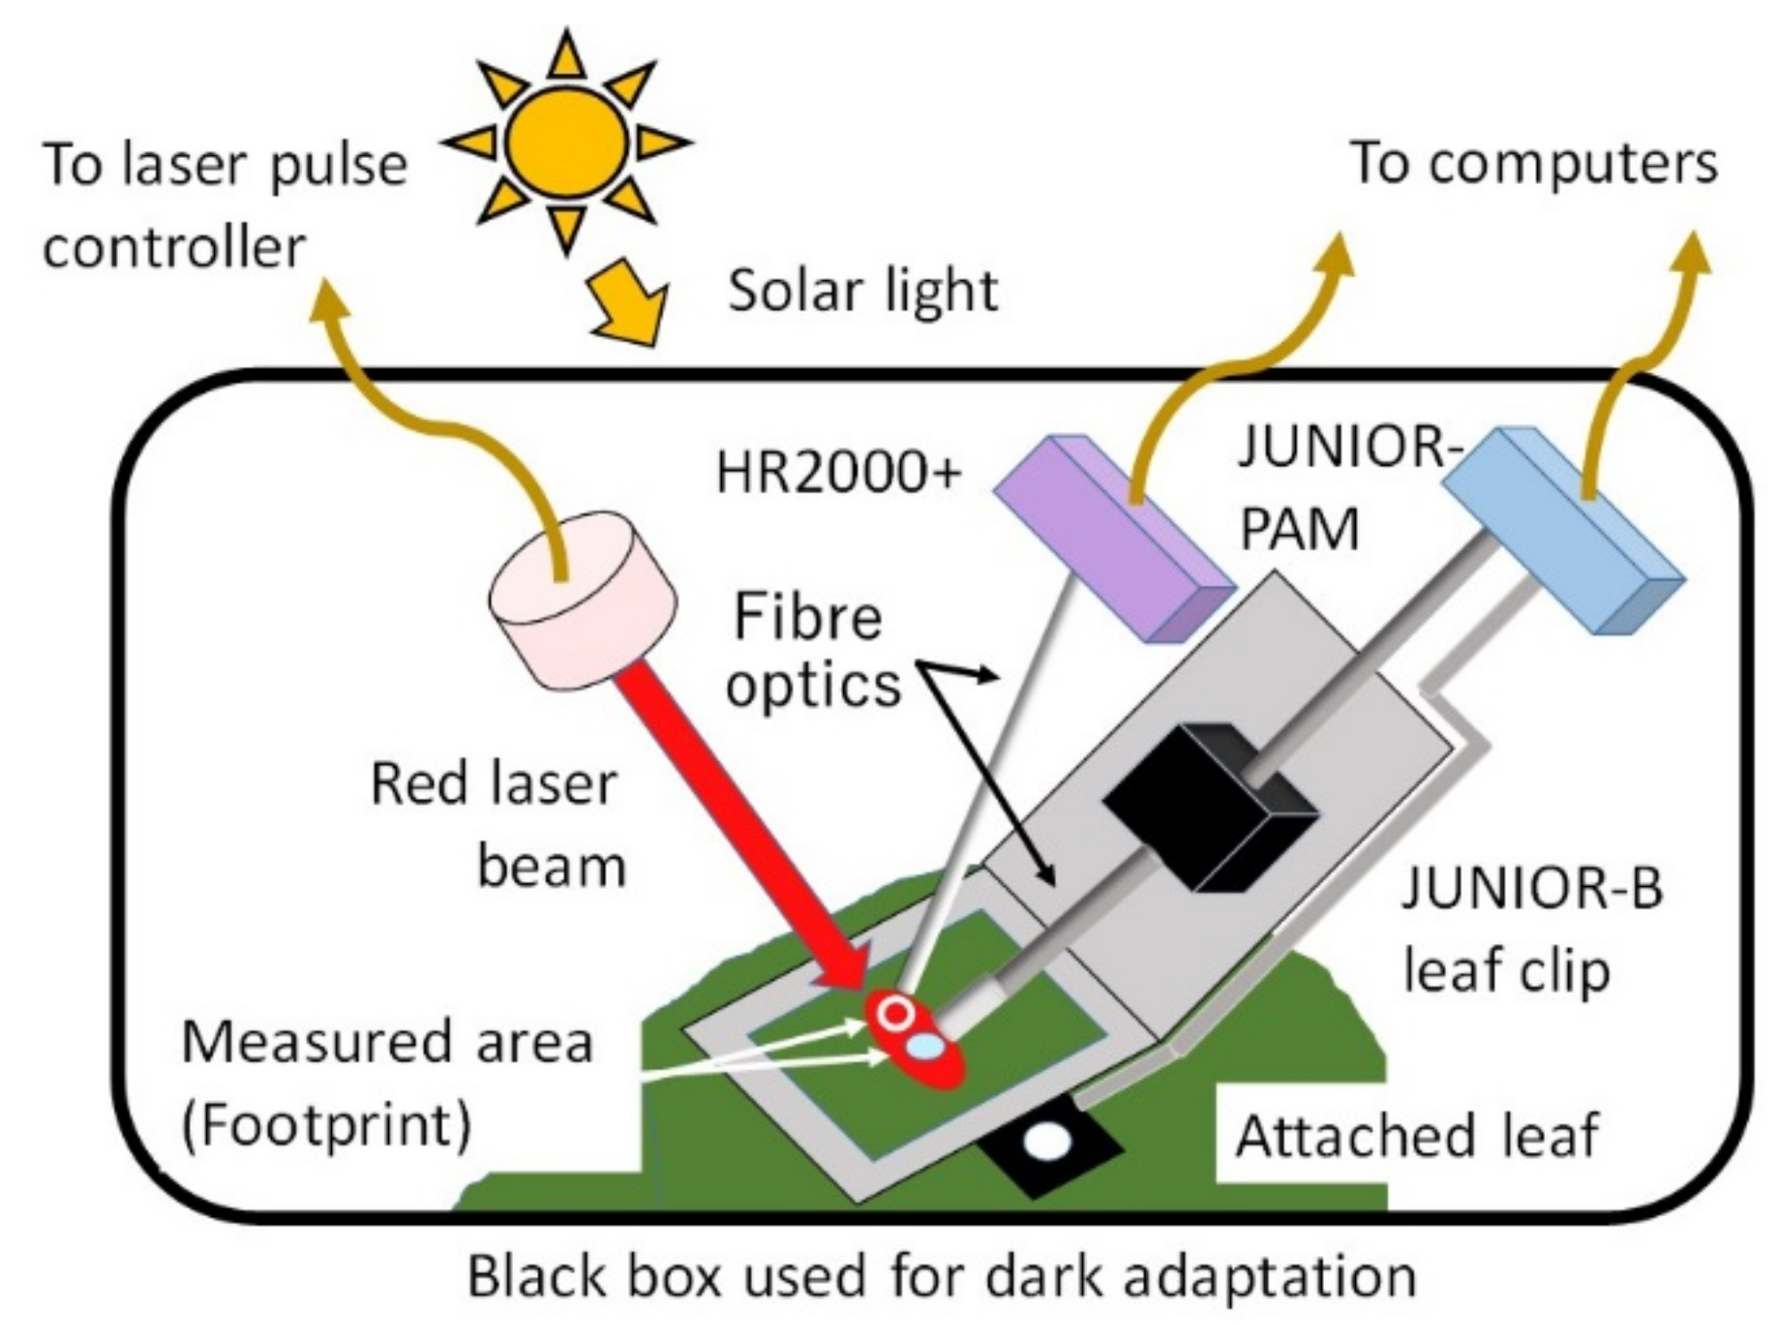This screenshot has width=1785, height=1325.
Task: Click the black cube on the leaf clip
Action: tap(1209, 807)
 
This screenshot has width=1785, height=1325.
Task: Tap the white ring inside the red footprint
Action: tap(895, 1012)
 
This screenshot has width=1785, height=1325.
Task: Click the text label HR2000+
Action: tap(839, 473)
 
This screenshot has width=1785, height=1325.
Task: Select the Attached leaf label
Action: tap(1417, 1137)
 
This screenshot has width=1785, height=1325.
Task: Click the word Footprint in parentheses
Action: tap(326, 1127)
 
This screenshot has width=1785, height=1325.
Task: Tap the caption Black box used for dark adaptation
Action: tap(942, 1277)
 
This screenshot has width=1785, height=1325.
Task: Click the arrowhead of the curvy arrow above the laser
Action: tap(327, 299)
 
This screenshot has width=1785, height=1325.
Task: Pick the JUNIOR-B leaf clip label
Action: tap(1531, 929)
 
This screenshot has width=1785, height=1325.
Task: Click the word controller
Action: tap(174, 247)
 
